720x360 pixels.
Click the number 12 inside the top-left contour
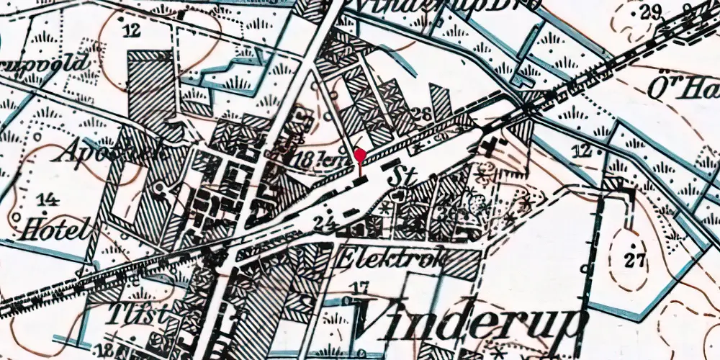coord(130,30)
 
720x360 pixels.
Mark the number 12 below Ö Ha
coord(584,150)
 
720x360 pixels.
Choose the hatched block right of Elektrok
coord(461,264)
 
